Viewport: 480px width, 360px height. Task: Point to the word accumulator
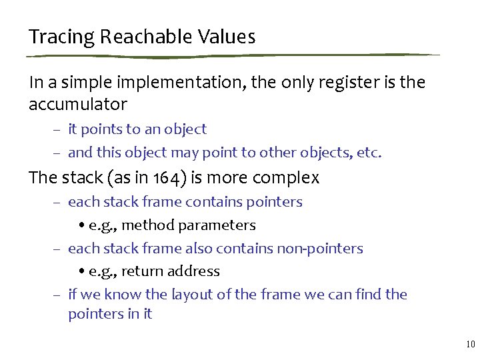(x=77, y=105)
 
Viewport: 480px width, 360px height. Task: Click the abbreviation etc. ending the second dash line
(x=370, y=153)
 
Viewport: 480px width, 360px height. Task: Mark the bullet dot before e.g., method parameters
(x=81, y=226)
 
